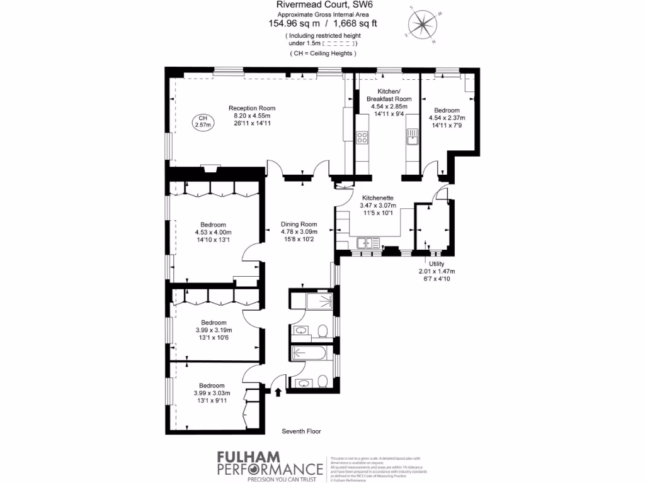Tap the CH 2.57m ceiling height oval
click(203, 121)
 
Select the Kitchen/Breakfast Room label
click(390, 95)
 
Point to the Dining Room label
click(299, 225)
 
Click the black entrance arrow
click(277, 392)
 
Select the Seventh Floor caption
click(301, 431)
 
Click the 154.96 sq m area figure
click(295, 24)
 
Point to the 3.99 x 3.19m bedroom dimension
click(212, 330)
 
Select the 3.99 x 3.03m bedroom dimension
click(212, 393)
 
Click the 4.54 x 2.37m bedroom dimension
click(447, 118)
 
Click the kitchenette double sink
click(365, 242)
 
